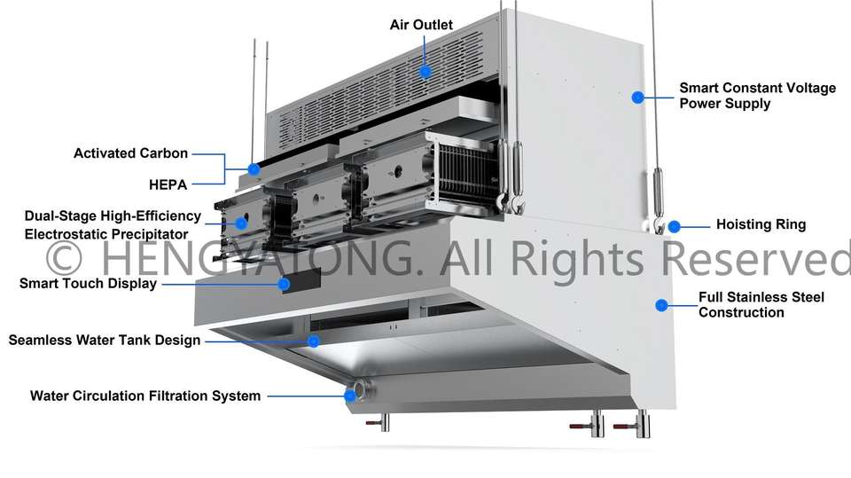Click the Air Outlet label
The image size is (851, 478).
(421, 24)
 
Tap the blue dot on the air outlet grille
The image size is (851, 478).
(425, 71)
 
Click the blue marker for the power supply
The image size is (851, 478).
(636, 97)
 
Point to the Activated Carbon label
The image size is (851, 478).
(130, 153)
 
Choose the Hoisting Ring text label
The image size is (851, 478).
(761, 224)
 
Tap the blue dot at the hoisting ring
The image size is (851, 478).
(674, 226)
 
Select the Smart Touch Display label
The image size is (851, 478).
(88, 284)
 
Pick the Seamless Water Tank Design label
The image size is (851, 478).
(104, 340)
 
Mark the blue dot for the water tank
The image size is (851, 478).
(313, 340)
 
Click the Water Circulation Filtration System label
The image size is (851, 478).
(145, 396)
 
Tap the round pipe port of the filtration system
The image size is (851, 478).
(360, 393)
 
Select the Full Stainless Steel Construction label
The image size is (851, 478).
(761, 304)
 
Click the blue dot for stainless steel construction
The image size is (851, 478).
(660, 305)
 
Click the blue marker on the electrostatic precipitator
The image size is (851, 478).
(241, 223)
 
